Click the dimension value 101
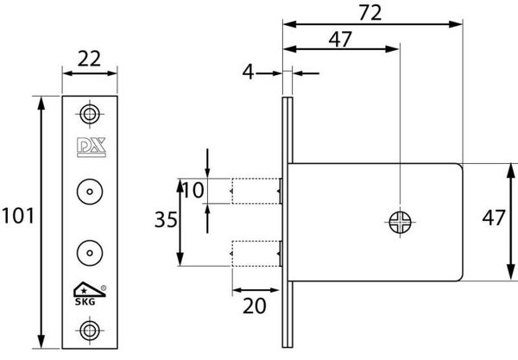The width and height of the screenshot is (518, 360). pos(18,216)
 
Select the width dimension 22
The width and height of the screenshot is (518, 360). pos(89,59)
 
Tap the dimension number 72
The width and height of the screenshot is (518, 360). pos(370,13)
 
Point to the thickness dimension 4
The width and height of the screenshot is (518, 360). pos(248,72)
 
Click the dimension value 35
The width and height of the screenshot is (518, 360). pos(166,219)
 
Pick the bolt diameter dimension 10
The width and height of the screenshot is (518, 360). pos(193,190)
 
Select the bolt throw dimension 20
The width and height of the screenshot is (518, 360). pos(255,306)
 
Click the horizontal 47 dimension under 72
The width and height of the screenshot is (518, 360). pos(340,40)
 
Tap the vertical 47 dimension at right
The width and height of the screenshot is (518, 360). pos(494,218)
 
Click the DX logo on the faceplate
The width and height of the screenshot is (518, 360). pos(92,148)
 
